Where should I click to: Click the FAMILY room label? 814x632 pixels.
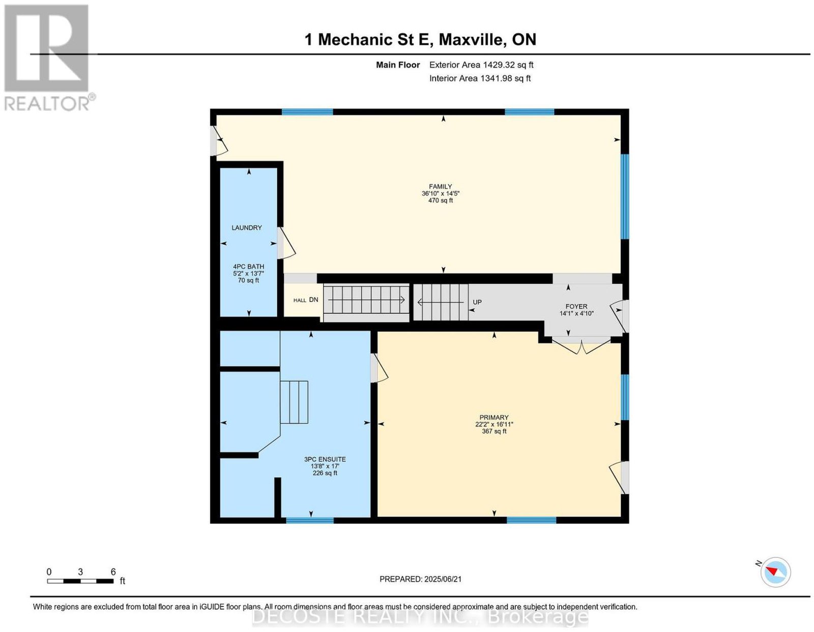pyautogui.click(x=440, y=186)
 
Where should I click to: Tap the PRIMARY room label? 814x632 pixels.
pyautogui.click(x=493, y=417)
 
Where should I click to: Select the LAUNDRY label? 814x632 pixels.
pyautogui.click(x=246, y=227)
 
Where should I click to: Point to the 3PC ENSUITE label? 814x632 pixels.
pyautogui.click(x=325, y=459)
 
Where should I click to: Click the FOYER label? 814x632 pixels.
pyautogui.click(x=576, y=307)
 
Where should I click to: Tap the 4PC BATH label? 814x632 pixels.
pyautogui.click(x=248, y=266)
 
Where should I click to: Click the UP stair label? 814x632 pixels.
pyautogui.click(x=477, y=302)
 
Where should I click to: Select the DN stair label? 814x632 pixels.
pyautogui.click(x=313, y=299)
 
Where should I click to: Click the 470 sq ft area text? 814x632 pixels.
pyautogui.click(x=440, y=200)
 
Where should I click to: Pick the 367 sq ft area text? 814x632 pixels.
pyautogui.click(x=493, y=431)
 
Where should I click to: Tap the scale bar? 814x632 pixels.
pyautogui.click(x=80, y=581)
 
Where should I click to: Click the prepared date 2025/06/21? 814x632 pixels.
pyautogui.click(x=443, y=579)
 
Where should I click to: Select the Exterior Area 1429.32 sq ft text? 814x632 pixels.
pyautogui.click(x=481, y=65)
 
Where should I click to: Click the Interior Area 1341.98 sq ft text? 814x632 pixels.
pyautogui.click(x=480, y=78)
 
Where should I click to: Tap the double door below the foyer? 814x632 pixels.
pyautogui.click(x=581, y=346)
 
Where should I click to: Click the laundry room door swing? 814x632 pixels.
pyautogui.click(x=285, y=243)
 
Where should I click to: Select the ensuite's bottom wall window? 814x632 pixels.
pyautogui.click(x=310, y=520)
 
